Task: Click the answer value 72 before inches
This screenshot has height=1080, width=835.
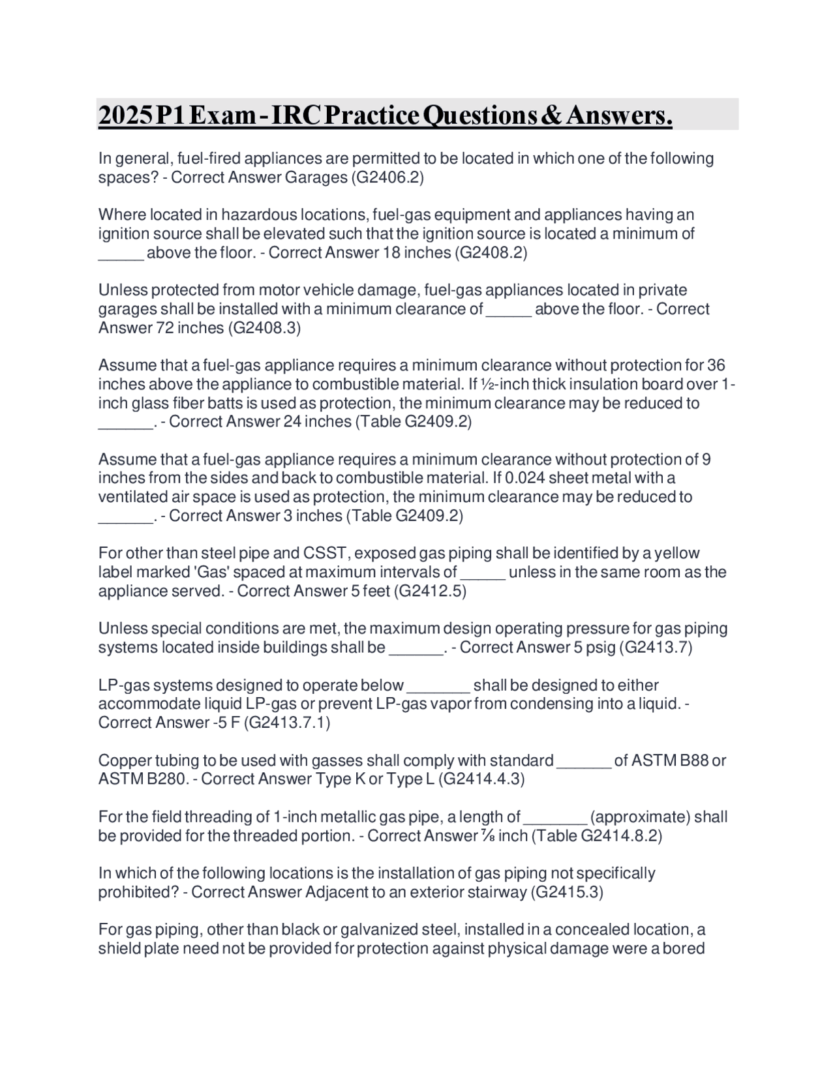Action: [x=165, y=327]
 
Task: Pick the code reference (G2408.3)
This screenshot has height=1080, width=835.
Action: [x=264, y=327]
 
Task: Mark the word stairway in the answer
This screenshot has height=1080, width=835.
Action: [x=496, y=892]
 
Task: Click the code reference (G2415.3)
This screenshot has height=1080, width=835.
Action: [x=568, y=892]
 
